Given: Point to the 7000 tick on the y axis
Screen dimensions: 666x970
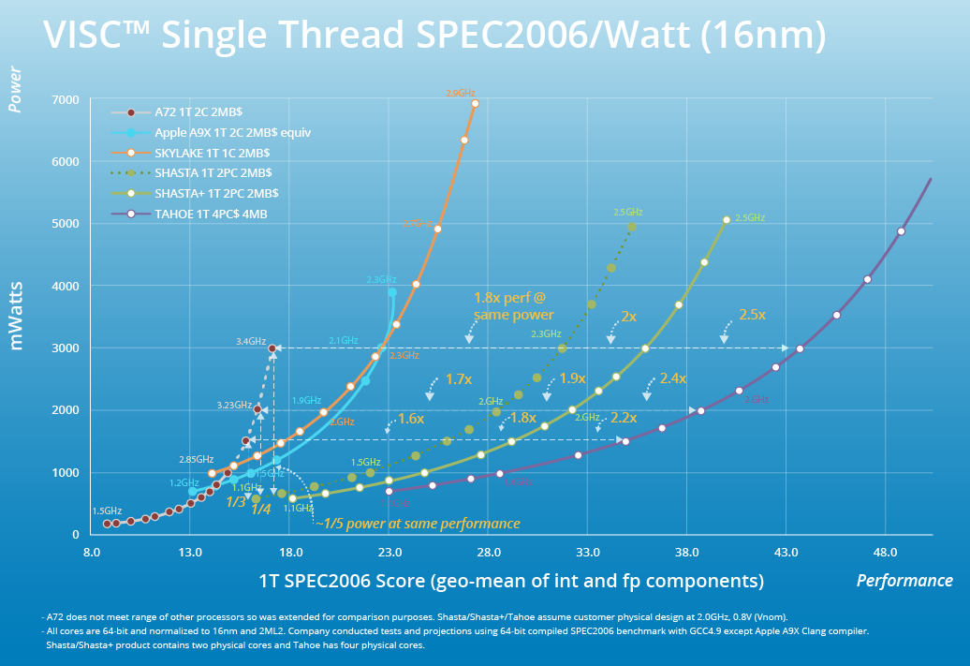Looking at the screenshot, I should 66,100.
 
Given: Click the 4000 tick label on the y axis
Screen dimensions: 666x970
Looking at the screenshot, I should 66,286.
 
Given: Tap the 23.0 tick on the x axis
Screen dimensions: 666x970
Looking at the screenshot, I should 389,553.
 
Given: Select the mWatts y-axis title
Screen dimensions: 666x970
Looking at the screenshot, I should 16,316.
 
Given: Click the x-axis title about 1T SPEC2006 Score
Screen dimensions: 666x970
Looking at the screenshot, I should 511,581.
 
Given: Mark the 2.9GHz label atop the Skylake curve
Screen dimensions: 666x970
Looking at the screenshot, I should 461,94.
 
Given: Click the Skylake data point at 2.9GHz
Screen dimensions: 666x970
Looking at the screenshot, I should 475,104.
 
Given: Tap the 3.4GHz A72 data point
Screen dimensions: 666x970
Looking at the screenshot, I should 272,348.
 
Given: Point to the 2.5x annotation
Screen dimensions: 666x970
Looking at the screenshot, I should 752,315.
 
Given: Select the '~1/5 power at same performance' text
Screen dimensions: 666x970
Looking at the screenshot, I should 417,524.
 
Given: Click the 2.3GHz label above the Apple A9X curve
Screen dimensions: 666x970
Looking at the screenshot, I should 381,279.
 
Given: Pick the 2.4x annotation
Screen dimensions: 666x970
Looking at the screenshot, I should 672,378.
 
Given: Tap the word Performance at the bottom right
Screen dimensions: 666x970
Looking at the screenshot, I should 904,581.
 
